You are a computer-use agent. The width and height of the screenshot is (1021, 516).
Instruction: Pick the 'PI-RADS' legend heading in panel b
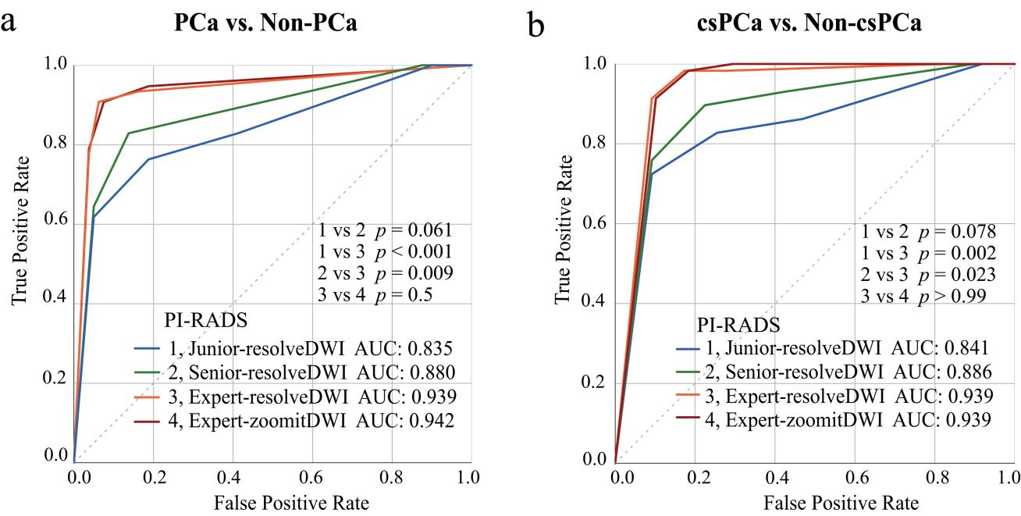pos(729,324)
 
